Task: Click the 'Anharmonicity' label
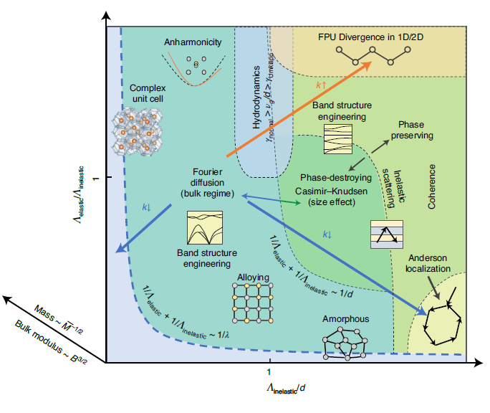[x=193, y=42]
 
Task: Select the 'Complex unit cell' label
[x=148, y=93]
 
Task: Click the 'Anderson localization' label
[x=430, y=263]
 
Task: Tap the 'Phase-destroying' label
[x=335, y=177]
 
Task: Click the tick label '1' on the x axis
[x=269, y=372]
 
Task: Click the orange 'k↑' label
[x=320, y=85]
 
